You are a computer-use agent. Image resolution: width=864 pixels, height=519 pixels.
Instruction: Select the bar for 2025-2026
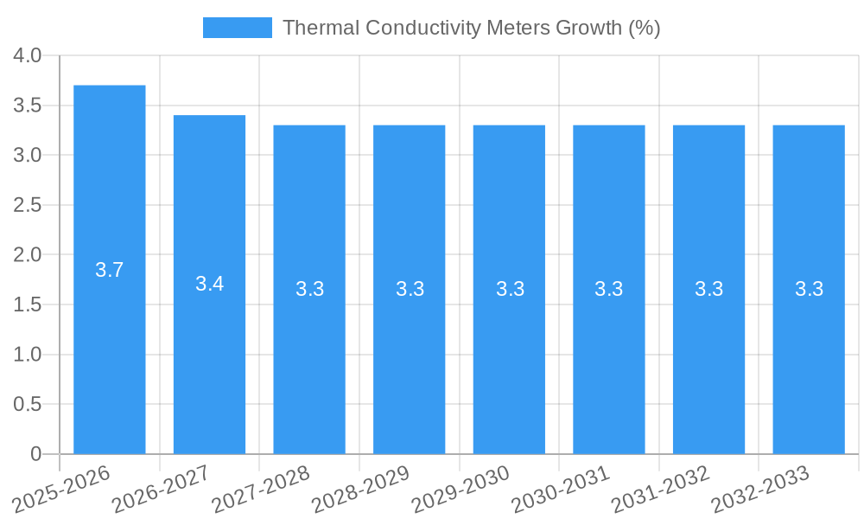point(109,346)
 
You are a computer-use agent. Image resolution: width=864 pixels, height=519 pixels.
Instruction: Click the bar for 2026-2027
point(209,363)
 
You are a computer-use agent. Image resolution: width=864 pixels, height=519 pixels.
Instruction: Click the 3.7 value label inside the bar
point(109,270)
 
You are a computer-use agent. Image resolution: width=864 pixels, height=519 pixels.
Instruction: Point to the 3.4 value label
point(209,284)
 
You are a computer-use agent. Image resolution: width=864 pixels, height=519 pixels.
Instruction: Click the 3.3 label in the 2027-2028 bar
point(309,289)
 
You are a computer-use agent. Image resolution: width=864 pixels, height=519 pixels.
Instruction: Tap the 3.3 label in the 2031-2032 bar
point(708,289)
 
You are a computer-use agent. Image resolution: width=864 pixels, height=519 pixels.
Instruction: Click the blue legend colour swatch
point(237,28)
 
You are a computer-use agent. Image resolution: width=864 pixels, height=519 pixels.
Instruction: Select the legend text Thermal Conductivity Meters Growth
point(471,28)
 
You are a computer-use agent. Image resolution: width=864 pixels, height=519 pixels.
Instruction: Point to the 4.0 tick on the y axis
point(28,56)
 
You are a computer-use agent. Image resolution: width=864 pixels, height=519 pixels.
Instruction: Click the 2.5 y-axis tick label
point(28,205)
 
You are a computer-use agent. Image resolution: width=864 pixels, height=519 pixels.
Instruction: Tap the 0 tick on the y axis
point(35,454)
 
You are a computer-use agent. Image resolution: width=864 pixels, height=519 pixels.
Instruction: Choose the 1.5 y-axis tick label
point(28,304)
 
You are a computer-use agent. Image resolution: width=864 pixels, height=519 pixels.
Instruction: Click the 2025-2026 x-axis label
point(62,488)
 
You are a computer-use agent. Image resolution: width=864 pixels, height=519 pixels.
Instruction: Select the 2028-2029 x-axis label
point(361,488)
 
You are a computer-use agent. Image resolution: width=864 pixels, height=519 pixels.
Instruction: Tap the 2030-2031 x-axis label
point(562,488)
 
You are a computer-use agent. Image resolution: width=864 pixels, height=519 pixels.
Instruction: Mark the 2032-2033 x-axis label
point(761,488)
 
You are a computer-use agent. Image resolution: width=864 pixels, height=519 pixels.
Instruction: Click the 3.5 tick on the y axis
point(28,106)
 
